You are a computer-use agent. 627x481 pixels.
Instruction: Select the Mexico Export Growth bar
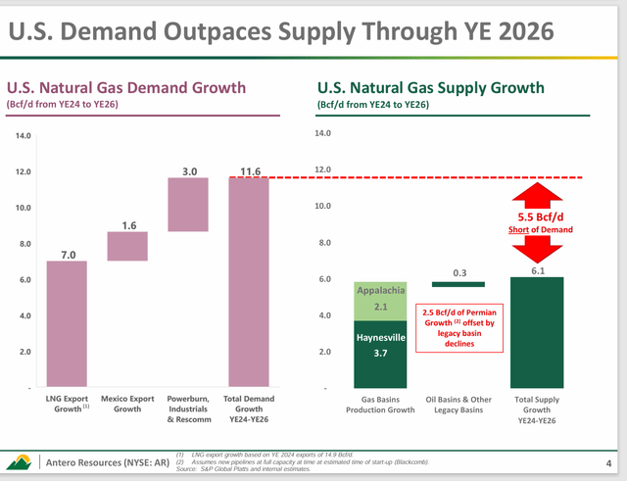click(128, 246)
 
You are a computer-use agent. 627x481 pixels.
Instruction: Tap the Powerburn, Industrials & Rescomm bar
click(189, 205)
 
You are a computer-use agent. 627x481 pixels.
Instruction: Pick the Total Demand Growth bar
click(249, 282)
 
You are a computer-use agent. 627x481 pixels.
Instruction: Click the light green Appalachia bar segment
click(373, 301)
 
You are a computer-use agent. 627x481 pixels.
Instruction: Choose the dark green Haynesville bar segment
click(373, 355)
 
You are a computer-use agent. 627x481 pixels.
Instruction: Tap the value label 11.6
click(249, 171)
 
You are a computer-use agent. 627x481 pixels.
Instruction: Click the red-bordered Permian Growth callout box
click(459, 327)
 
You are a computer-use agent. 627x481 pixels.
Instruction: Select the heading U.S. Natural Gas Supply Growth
click(429, 88)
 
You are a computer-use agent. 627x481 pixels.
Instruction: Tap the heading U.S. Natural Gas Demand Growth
click(126, 88)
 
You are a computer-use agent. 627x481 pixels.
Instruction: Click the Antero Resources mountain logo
click(19, 461)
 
